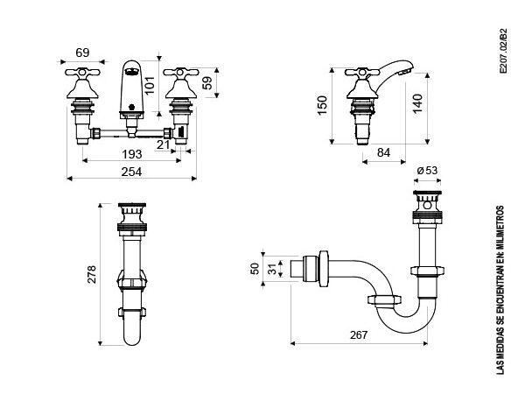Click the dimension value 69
click(x=82, y=53)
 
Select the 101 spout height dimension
click(x=150, y=85)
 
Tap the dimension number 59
click(x=207, y=83)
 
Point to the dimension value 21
click(x=164, y=144)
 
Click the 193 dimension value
click(x=131, y=154)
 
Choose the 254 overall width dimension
click(x=131, y=172)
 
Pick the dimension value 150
click(x=322, y=106)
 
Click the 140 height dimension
click(x=417, y=104)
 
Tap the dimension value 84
click(x=384, y=152)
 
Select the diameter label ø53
click(x=427, y=171)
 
